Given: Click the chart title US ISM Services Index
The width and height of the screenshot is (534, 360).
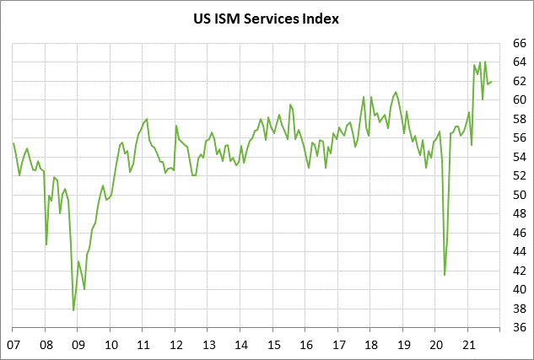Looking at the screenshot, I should [266, 18].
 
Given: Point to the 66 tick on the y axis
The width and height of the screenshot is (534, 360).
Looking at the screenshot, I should [520, 42].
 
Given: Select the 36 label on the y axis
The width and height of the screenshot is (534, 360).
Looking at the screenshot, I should [520, 328].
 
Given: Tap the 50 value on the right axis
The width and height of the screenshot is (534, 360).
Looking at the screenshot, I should [520, 195].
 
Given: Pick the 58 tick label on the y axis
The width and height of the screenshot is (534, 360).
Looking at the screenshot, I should [520, 119].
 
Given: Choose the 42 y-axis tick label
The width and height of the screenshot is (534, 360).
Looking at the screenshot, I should [520, 271].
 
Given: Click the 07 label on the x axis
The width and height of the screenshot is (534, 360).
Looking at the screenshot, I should [13, 344].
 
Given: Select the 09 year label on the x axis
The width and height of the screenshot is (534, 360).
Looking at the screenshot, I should [78, 344].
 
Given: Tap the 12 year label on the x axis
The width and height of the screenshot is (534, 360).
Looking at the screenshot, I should [176, 344].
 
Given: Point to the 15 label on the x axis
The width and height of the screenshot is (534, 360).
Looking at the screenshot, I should [273, 344].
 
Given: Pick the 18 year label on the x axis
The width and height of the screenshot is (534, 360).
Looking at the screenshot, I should [371, 344].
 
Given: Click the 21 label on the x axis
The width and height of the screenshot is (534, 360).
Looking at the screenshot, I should [469, 344].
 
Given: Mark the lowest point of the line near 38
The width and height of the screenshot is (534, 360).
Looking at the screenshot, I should [73, 310].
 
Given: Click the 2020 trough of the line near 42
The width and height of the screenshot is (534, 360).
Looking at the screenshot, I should [445, 274].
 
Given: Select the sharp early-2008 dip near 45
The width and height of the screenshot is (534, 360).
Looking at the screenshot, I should [46, 244].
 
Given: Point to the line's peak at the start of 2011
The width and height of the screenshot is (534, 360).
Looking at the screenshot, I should [147, 119].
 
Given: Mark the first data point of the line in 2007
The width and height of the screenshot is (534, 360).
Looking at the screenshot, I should [13, 143].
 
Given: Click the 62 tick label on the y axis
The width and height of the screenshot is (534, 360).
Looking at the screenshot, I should [520, 81].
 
